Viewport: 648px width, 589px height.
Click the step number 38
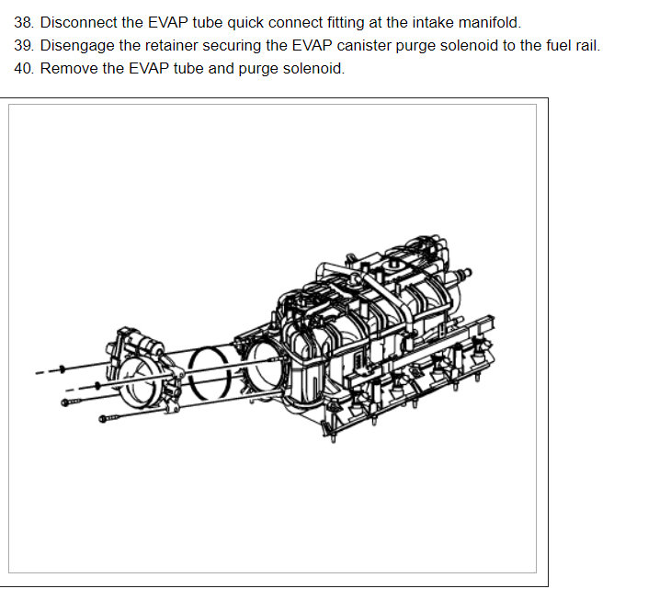point(24,22)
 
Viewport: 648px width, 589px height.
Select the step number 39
point(24,45)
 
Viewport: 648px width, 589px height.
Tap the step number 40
point(24,69)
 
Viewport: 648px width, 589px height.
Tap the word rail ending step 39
point(585,45)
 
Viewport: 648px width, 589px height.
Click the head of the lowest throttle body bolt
point(100,421)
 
